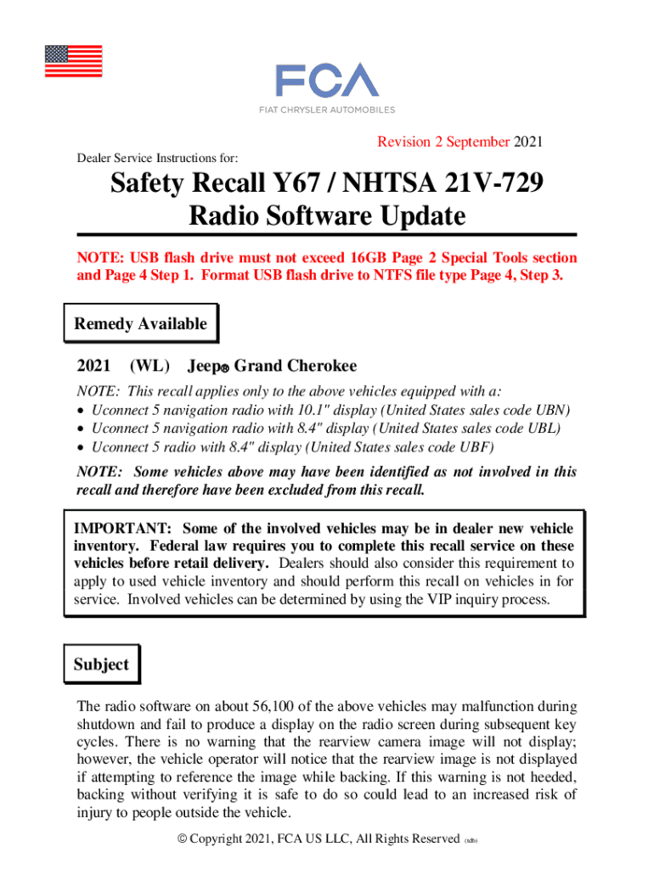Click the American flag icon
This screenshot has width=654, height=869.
click(73, 61)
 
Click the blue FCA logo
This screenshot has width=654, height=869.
click(326, 81)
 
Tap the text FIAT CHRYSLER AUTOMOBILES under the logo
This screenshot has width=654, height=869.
click(326, 110)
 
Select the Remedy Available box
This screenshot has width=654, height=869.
click(140, 323)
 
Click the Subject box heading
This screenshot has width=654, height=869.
click(101, 664)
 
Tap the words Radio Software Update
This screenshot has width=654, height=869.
click(327, 216)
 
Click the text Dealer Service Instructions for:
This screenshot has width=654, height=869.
click(157, 158)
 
